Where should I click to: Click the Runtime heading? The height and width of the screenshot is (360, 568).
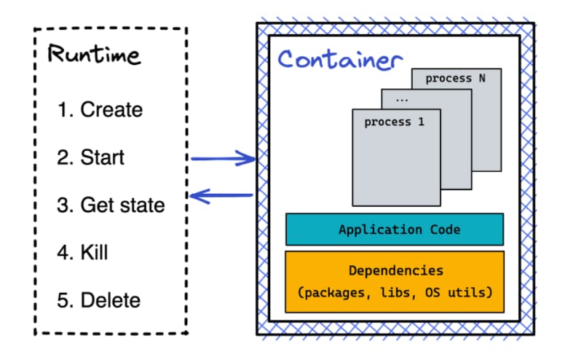[94, 55]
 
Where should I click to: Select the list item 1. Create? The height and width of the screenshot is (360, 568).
[100, 110]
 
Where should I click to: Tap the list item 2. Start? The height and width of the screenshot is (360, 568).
[91, 157]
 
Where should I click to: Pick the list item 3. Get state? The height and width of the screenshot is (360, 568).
[111, 205]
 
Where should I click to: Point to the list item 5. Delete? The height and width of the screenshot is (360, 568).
[99, 300]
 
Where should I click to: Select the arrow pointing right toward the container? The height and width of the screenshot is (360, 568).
[222, 157]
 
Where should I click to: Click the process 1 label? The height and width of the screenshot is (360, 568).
[394, 122]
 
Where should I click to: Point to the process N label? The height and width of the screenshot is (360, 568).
[456, 79]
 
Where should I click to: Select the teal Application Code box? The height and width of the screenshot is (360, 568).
[394, 229]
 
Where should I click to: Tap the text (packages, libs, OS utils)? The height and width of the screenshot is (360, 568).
[395, 293]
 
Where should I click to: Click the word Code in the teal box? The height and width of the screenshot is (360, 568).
[443, 229]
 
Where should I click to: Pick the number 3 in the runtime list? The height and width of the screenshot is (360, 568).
[63, 205]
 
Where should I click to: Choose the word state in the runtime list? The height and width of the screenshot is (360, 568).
[143, 205]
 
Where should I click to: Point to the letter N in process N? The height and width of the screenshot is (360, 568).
[482, 79]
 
